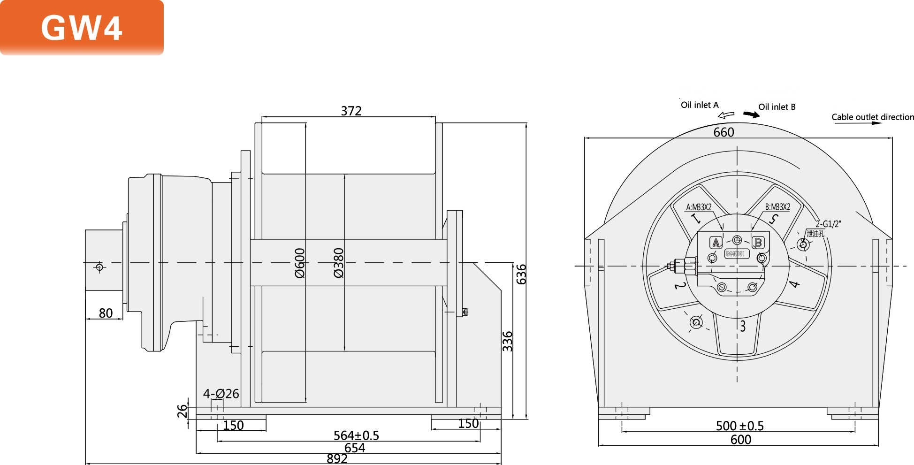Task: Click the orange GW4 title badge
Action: [x=82, y=27]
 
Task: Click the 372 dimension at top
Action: [x=351, y=111]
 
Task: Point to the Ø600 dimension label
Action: [x=300, y=263]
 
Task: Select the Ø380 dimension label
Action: [x=339, y=263]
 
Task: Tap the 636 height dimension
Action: [x=521, y=274]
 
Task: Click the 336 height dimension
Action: [x=508, y=341]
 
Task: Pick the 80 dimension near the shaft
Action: [x=106, y=313]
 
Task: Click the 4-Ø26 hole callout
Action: [x=221, y=394]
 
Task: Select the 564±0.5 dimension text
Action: [x=356, y=435]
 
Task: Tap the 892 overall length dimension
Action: [x=337, y=459]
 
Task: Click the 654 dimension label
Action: [x=354, y=448]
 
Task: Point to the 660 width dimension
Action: [x=724, y=132]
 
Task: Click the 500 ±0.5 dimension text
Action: [x=739, y=426]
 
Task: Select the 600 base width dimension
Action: [x=740, y=440]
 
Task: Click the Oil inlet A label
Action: [x=700, y=105]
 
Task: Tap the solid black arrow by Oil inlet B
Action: [x=751, y=114]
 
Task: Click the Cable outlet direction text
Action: [x=872, y=117]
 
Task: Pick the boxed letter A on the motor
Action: [x=716, y=243]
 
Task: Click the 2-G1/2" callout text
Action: [x=828, y=224]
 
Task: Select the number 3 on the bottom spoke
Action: [x=743, y=326]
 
